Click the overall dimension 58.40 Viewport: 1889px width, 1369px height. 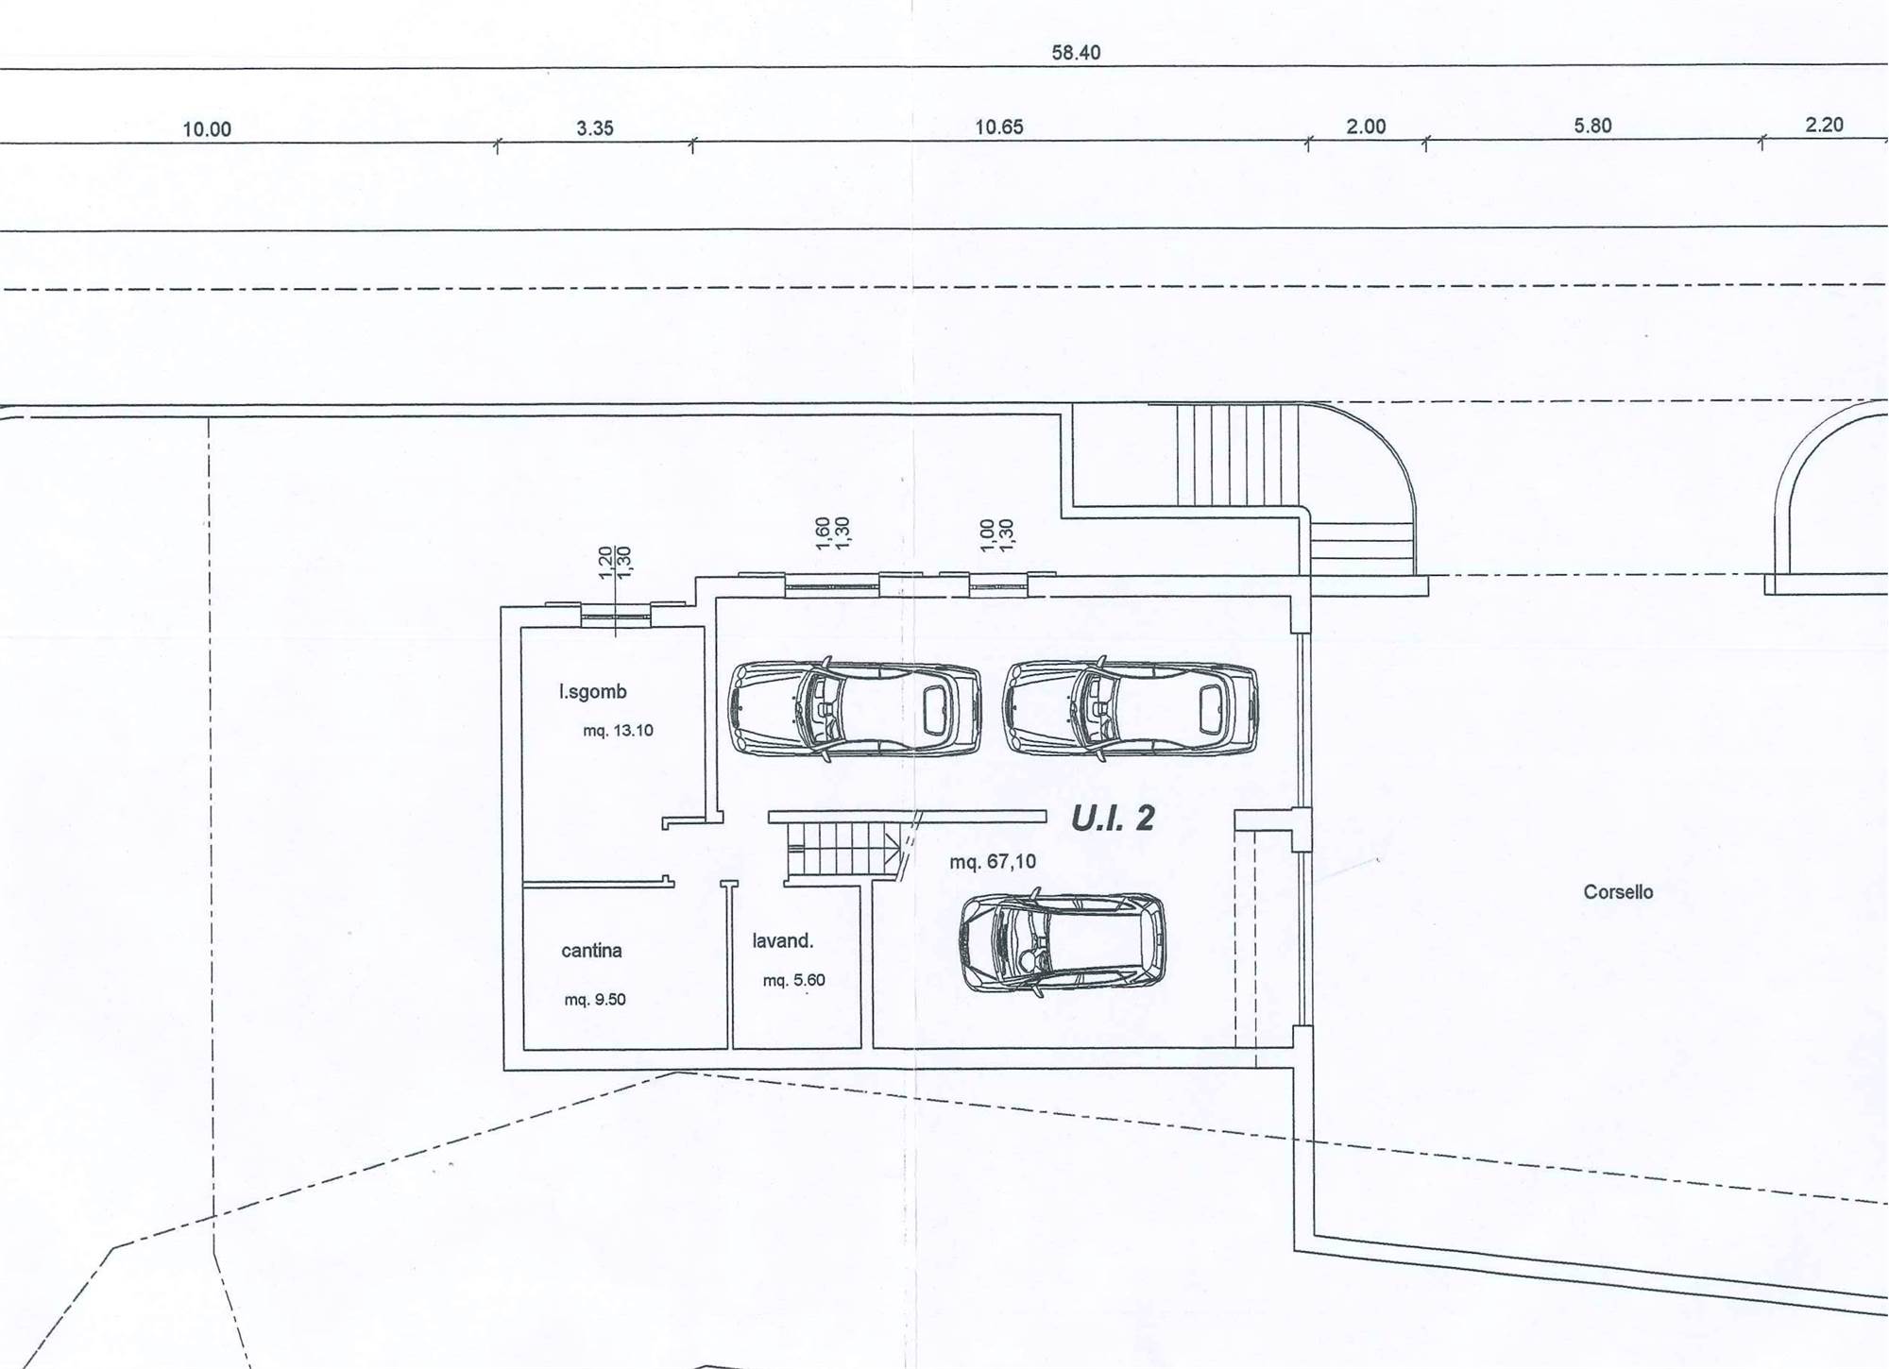coord(1076,53)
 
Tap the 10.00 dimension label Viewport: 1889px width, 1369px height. coord(207,129)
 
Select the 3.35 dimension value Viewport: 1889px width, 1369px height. coord(595,128)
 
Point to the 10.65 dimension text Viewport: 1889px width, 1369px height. coord(999,127)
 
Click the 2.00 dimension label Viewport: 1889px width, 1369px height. coord(1366,127)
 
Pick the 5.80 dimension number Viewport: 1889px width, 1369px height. coord(1592,126)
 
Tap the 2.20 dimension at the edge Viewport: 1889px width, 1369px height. coord(1824,125)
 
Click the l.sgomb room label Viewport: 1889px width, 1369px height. coord(593,692)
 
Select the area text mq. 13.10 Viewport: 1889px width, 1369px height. coord(618,731)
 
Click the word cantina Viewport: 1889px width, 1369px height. coord(591,951)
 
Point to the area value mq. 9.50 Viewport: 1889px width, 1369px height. coord(595,1000)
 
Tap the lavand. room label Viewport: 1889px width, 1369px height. coord(783,941)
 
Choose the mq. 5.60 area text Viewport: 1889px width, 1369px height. coord(794,981)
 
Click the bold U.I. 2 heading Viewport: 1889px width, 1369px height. coord(1113,819)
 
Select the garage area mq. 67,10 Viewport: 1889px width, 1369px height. coord(993,862)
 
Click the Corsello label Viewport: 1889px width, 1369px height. coord(1618,892)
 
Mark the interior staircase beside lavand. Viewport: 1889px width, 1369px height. coord(842,848)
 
